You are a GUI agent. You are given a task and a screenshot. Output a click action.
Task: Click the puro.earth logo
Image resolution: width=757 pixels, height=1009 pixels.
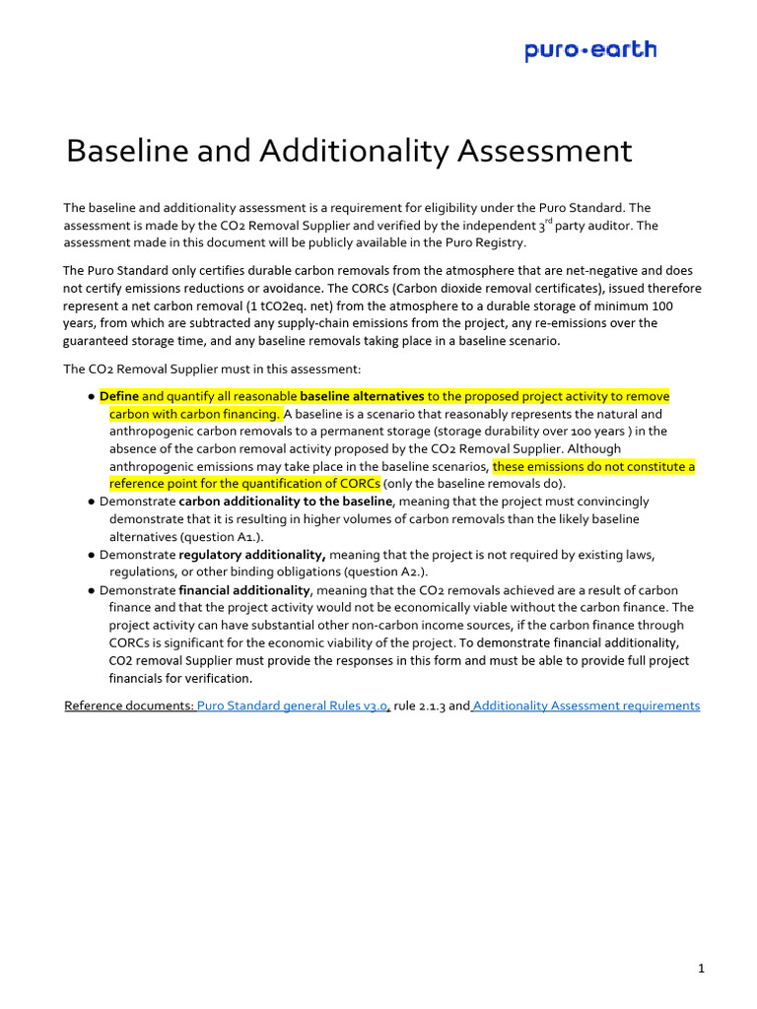[590, 50]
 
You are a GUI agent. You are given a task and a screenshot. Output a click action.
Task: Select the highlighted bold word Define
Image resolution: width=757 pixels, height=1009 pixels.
[118, 396]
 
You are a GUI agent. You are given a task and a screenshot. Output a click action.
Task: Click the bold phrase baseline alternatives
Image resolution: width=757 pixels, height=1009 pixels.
[362, 396]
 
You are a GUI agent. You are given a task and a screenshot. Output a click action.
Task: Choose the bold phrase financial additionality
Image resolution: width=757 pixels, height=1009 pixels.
[244, 590]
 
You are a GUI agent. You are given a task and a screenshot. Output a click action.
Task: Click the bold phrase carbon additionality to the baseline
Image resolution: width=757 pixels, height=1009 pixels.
[286, 502]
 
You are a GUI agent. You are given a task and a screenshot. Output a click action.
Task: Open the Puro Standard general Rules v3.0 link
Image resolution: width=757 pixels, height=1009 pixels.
[293, 706]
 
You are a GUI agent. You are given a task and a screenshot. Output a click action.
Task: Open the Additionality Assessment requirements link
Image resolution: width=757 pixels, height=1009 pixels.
[586, 706]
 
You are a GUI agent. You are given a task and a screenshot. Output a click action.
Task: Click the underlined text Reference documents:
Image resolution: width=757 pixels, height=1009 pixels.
[128, 706]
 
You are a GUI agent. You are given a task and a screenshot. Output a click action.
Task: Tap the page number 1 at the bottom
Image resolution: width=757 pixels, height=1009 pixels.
[701, 942]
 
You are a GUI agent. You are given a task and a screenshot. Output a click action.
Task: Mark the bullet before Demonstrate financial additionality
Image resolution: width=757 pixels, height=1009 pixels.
[90, 590]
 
